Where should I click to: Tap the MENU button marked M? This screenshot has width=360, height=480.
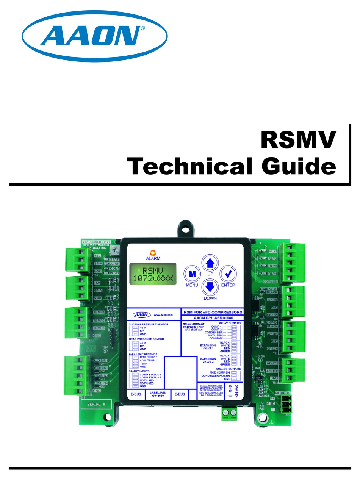pyautogui.click(x=192, y=274)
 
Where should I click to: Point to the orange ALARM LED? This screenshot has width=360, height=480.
pyautogui.click(x=153, y=252)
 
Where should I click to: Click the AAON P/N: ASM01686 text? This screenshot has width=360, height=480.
pyautogui.click(x=212, y=318)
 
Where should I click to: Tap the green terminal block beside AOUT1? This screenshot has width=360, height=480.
pyautogui.click(x=293, y=371)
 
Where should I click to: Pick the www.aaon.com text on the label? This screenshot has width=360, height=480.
pyautogui.click(x=163, y=315)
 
